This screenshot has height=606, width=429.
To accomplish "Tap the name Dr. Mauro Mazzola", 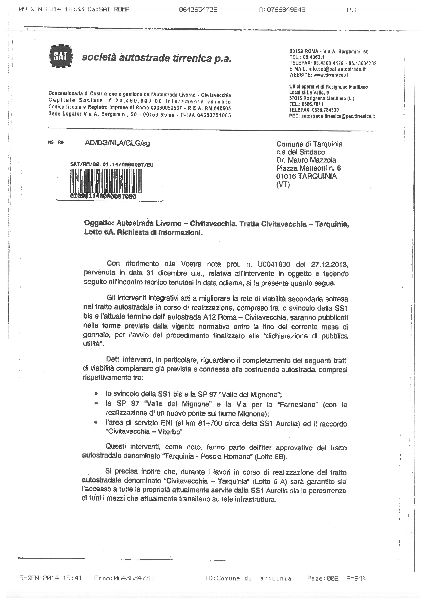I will pyautogui.click(x=306, y=160).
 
